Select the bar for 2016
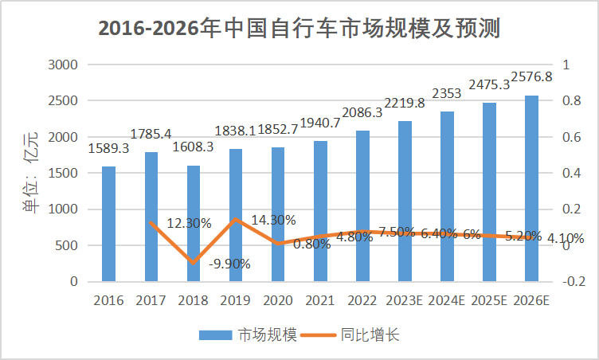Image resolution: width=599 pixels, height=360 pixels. pyautogui.click(x=108, y=224)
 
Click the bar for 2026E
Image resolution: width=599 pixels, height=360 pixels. pyautogui.click(x=531, y=189)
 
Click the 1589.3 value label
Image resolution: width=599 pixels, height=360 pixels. pyautogui.click(x=108, y=148)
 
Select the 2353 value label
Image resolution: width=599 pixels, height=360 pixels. pyautogui.click(x=447, y=94)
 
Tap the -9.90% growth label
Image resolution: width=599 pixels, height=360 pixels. pyautogui.click(x=229, y=264)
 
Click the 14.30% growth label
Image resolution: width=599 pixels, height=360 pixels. pyautogui.click(x=274, y=220)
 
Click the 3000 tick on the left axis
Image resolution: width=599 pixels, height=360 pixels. pyautogui.click(x=64, y=65)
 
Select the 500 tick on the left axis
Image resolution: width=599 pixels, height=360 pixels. pyautogui.click(x=68, y=245)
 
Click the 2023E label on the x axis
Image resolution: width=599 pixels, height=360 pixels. pyautogui.click(x=405, y=301)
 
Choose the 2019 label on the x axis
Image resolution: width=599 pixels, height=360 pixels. pyautogui.click(x=236, y=301)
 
